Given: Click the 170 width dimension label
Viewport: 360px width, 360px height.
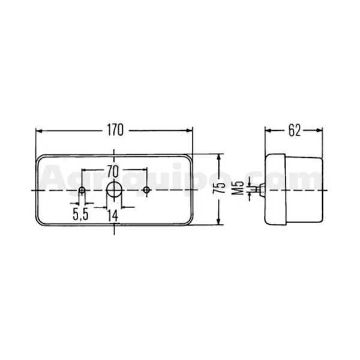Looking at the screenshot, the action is (x=115, y=130).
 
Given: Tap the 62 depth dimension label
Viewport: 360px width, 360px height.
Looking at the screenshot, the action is (x=295, y=131).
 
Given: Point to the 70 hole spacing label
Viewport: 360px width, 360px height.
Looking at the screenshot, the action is (x=113, y=172).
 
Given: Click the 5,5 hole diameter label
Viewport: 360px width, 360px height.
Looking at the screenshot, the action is (x=80, y=215).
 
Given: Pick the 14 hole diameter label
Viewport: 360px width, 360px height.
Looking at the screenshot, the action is (x=113, y=216).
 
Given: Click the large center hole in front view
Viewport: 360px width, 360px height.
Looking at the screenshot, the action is (x=114, y=190).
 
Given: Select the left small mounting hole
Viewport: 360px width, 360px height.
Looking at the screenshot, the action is (x=82, y=190).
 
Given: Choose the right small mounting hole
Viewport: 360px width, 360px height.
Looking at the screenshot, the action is (x=146, y=190).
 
